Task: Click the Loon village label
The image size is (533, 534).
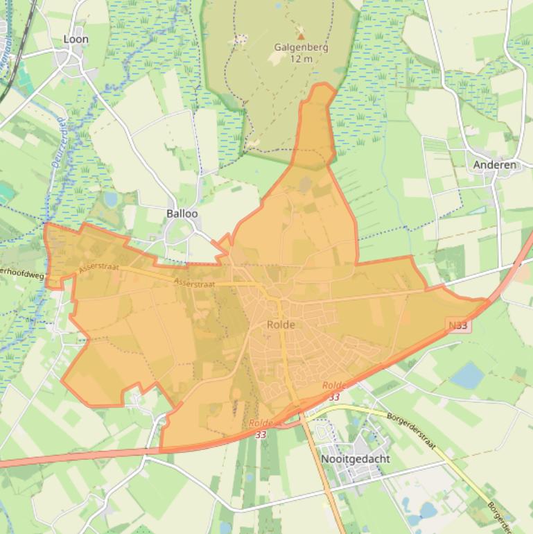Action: click(x=76, y=40)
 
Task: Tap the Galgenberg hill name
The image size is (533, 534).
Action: click(x=300, y=48)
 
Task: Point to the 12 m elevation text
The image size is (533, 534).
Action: click(x=300, y=59)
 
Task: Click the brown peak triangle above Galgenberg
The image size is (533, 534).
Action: click(x=300, y=35)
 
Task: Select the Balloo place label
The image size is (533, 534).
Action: click(x=182, y=214)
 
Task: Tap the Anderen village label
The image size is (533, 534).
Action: click(x=494, y=165)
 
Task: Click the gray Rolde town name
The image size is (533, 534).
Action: click(x=281, y=325)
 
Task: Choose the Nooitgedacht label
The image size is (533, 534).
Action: click(x=355, y=459)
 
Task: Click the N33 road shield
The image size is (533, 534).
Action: click(x=458, y=325)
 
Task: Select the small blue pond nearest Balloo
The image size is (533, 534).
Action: click(x=111, y=200)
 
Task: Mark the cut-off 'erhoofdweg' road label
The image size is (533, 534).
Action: click(x=21, y=274)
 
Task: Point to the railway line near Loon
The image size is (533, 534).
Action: click(x=21, y=42)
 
